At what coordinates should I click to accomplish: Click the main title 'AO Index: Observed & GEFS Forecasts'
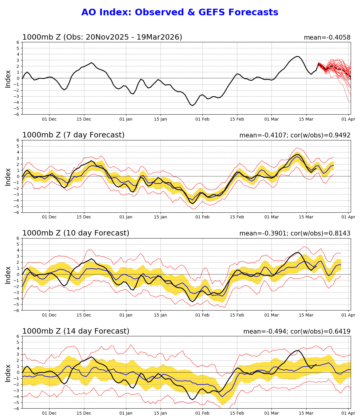[x=180, y=12]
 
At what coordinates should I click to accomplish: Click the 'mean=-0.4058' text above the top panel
[x=327, y=37]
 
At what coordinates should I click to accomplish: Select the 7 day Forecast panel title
[x=73, y=135]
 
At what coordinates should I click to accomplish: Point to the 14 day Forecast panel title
[x=76, y=331]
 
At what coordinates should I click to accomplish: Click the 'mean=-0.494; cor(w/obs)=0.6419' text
[x=297, y=331]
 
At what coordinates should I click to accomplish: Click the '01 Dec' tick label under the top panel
[x=49, y=119]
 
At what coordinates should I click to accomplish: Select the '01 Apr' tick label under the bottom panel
[x=348, y=413]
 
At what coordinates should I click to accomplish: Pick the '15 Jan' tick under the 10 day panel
[x=160, y=315]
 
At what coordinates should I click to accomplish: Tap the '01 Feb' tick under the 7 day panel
[x=202, y=217]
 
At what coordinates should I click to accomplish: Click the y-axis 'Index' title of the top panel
[x=8, y=79]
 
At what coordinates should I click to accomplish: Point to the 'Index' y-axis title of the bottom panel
[x=8, y=373]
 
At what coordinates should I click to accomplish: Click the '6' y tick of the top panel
[x=18, y=42]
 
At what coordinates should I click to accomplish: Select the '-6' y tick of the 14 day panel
[x=17, y=408]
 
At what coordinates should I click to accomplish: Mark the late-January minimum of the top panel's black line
[x=193, y=106]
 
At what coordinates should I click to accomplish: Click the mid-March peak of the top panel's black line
[x=297, y=56]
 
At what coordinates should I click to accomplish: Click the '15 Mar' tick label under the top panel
[x=306, y=119]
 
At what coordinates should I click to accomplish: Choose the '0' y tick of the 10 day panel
[x=18, y=274]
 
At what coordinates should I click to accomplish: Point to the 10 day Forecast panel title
[x=76, y=233]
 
